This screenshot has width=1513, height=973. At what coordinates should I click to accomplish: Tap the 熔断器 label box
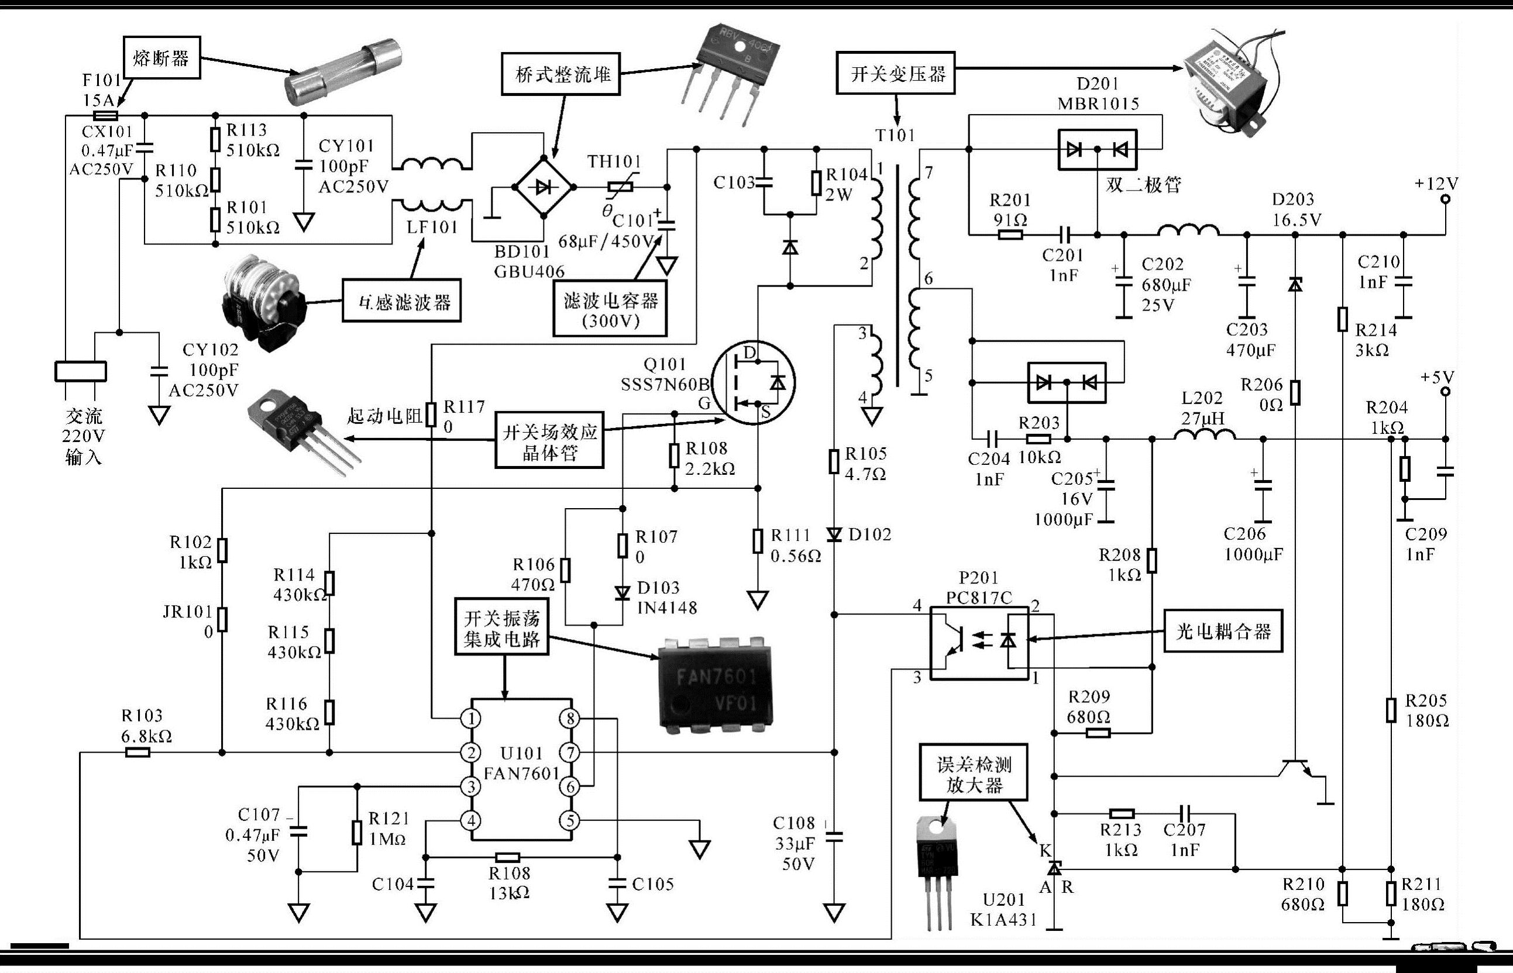(161, 58)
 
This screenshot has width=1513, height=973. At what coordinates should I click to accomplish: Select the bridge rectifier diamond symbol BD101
(544, 188)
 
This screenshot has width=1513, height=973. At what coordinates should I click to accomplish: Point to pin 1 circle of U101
(472, 719)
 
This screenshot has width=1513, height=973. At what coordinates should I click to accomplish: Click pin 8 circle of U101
(569, 719)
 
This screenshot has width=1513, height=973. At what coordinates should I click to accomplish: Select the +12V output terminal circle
(1445, 199)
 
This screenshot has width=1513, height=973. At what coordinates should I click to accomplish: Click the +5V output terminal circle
(1445, 392)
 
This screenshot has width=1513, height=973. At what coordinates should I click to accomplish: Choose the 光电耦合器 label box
(1223, 630)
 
